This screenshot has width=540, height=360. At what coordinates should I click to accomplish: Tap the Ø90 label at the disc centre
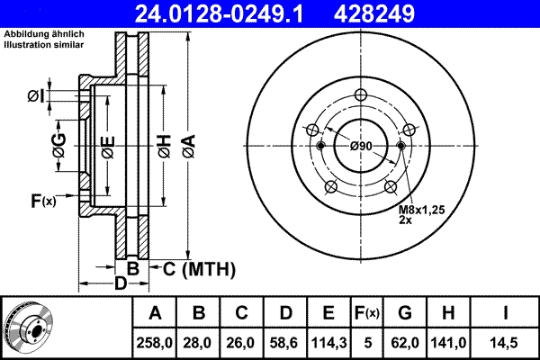(361, 147)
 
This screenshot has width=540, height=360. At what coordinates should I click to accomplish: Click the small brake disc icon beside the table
(27, 326)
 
